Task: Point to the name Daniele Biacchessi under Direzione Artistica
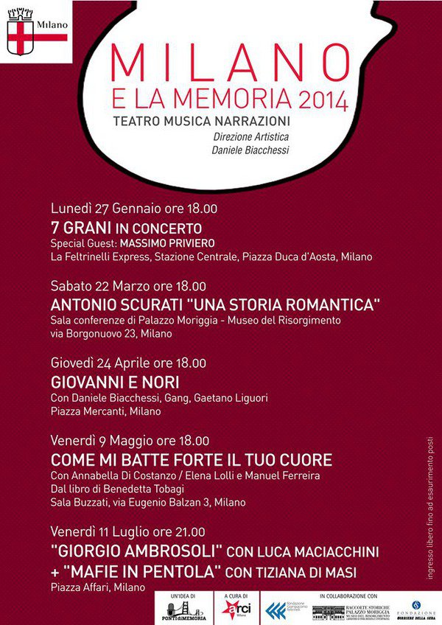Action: tap(250, 150)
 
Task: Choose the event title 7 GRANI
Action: tap(82, 228)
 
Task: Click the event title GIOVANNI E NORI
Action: tap(115, 382)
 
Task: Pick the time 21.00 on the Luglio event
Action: tap(190, 531)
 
